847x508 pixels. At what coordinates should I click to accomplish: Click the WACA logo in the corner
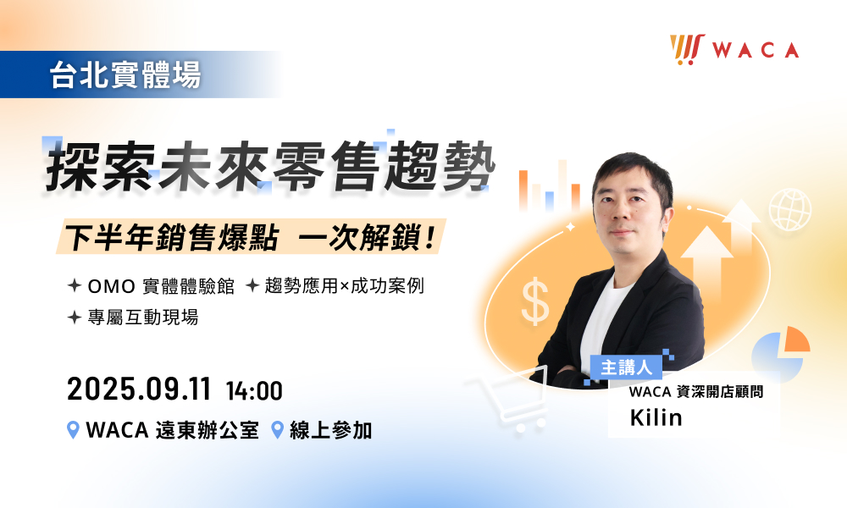[734, 50]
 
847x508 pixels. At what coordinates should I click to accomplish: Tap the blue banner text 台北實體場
[125, 75]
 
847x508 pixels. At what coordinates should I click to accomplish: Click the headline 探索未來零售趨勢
[270, 167]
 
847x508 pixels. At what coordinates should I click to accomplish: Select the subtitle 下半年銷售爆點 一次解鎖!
[251, 236]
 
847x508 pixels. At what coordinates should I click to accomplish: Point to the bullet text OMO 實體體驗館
[161, 286]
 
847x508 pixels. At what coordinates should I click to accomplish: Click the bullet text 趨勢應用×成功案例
[344, 286]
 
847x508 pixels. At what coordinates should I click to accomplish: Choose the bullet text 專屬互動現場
[143, 317]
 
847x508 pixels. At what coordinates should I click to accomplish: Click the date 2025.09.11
[139, 389]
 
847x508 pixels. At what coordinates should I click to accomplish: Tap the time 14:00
[254, 391]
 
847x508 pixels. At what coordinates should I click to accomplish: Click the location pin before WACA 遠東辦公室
[73, 430]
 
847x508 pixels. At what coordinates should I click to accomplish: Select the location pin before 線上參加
[277, 430]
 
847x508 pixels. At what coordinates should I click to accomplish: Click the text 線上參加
[330, 430]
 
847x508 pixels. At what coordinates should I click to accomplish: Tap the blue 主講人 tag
[626, 367]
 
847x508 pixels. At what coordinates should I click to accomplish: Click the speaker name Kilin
[656, 417]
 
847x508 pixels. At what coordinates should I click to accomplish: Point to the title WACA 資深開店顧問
[695, 391]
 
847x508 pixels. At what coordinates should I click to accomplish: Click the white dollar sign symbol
[535, 301]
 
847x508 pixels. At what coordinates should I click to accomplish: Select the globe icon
[790, 209]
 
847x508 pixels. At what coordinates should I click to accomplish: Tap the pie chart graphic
[781, 354]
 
